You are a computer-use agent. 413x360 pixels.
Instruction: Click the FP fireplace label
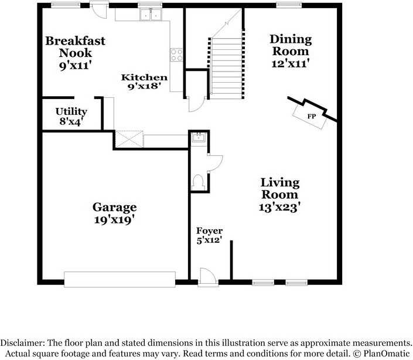pos(311,116)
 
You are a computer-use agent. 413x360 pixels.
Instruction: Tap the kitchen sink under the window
pos(151,14)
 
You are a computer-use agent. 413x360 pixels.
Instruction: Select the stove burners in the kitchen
pos(176,55)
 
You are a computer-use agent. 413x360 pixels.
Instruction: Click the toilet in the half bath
pos(198,182)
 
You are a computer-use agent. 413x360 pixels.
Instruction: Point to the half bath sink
pos(199,137)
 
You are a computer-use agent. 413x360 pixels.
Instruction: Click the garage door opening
pos(120,279)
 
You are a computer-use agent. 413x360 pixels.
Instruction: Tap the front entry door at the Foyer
pos(208,277)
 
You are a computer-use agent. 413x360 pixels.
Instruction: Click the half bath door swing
pos(216,163)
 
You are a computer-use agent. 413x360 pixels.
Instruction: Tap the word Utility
pos(71,112)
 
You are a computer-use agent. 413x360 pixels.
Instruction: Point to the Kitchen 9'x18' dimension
pos(144,86)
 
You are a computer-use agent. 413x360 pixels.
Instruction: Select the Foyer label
pos(209,231)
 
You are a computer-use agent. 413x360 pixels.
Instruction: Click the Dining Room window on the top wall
pos(289,5)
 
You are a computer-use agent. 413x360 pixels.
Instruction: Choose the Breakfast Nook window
pos(66,5)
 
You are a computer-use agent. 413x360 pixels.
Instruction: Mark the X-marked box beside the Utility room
pos(129,139)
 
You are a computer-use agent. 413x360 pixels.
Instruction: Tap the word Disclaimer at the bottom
pos(23,343)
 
